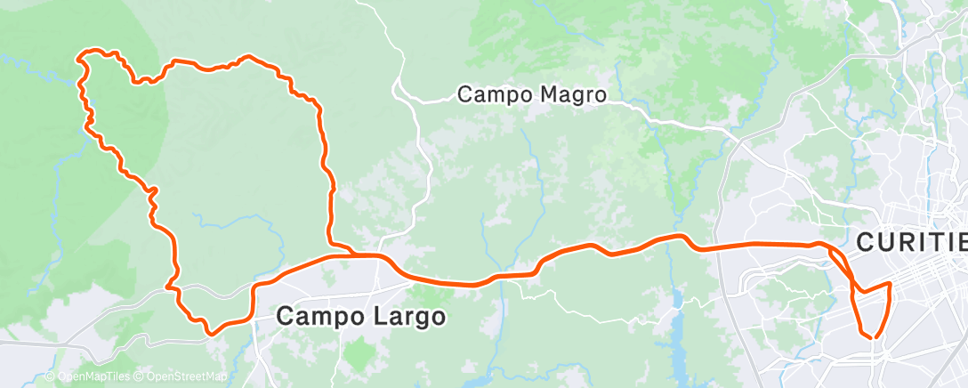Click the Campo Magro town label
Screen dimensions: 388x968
532,93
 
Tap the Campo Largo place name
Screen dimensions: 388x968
360,316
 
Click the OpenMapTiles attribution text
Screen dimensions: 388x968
93,376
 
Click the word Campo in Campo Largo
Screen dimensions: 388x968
317,316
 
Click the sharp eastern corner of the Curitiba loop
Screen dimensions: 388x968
890,284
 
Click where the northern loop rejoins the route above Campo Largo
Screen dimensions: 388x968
355,255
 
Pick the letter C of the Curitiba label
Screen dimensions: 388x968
867,242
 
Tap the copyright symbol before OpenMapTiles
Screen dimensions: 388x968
50,376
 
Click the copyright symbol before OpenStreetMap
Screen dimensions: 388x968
140,376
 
